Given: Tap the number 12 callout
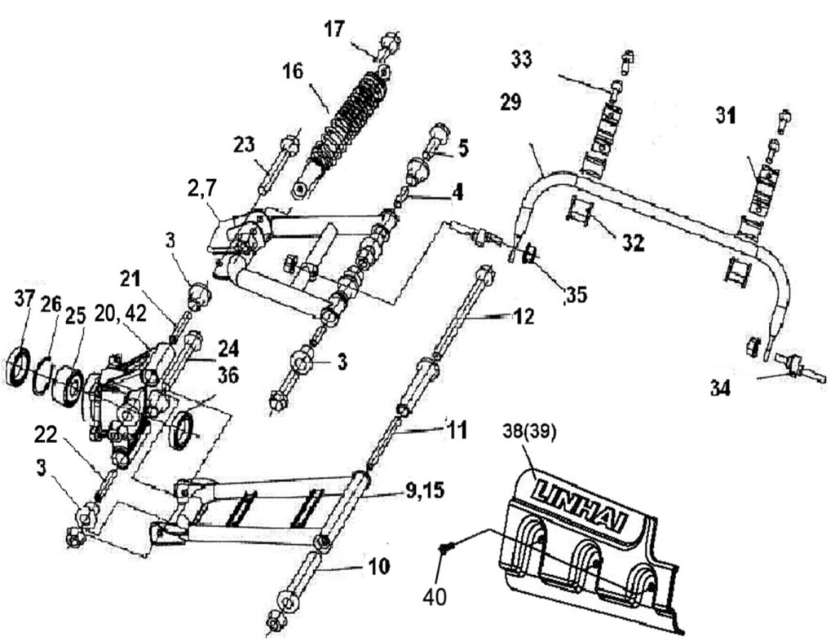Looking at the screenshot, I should [x=524, y=318].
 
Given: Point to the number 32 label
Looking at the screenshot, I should [x=632, y=244].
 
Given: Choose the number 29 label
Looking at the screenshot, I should [x=512, y=102].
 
